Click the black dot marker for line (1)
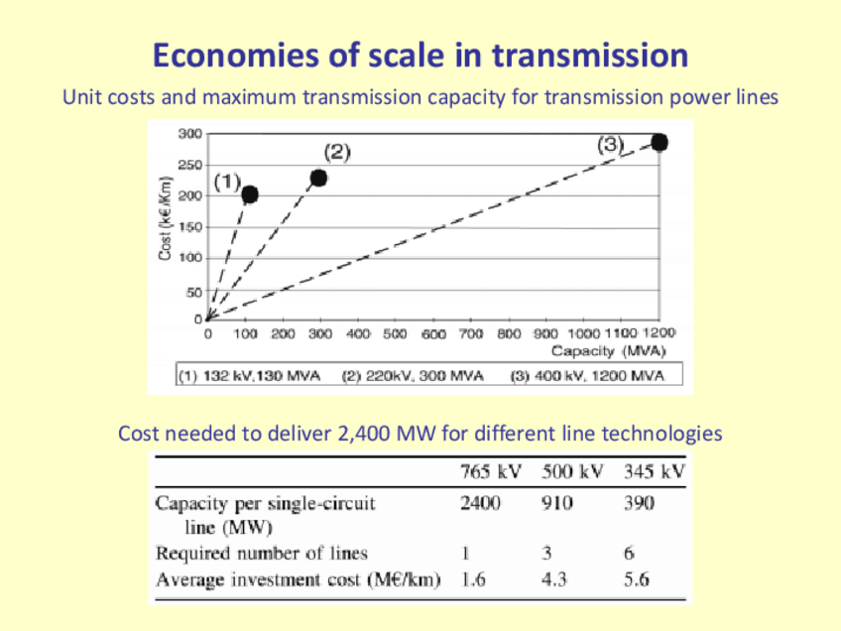point(250,194)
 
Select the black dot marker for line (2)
point(318,178)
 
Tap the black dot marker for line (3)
point(659,143)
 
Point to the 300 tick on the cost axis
point(189,133)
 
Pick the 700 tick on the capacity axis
point(471,334)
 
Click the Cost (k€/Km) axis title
point(166,219)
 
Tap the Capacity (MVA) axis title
point(609,351)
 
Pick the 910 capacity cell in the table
point(556,503)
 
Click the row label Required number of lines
point(261,554)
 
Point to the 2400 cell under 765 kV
point(481,503)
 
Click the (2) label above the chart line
point(337,152)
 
